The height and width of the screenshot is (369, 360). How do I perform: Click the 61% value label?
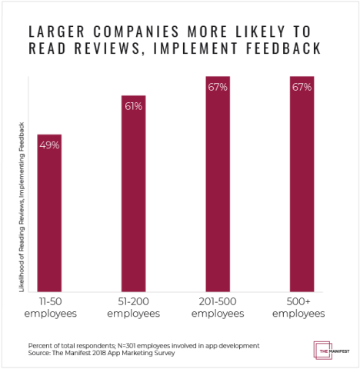tap(133, 106)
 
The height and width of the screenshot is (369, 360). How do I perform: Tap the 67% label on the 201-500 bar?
tap(217, 87)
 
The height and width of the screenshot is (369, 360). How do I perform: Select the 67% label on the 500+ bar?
tap(301, 87)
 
